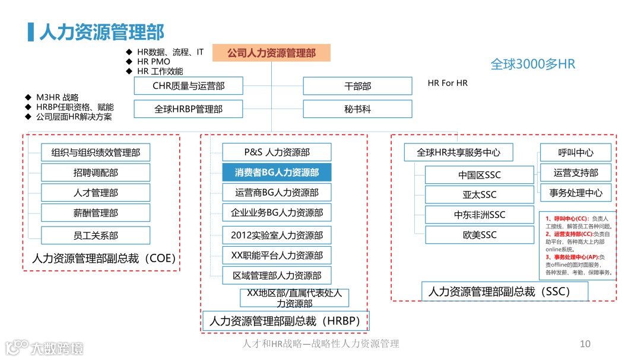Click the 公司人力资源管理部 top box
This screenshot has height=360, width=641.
pos(271,53)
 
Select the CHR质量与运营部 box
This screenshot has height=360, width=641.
pos(188,86)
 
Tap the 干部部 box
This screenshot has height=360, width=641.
pos(357,86)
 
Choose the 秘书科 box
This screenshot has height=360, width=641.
pos(357,109)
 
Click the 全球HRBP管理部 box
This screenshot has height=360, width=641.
pos(188,109)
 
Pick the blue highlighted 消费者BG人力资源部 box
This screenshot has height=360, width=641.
pos(277,173)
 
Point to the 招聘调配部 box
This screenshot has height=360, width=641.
pos(96,173)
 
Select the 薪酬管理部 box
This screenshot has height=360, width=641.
pos(96,212)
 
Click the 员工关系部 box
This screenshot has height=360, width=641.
pos(96,235)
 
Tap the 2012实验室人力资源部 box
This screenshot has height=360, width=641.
pos(277,235)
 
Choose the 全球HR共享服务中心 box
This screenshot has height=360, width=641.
pos(458,152)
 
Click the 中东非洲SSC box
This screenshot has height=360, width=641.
pos(480,215)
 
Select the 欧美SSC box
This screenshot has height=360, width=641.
pos(480,235)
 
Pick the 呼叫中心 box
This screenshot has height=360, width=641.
pos(576,152)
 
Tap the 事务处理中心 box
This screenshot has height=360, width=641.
pos(576,193)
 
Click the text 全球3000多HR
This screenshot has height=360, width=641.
pos(533,64)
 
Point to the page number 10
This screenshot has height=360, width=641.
pos(585,344)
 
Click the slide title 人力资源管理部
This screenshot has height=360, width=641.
pos(101,31)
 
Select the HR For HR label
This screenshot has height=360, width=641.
pos(448,83)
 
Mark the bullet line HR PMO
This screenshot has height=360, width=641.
pos(153,62)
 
